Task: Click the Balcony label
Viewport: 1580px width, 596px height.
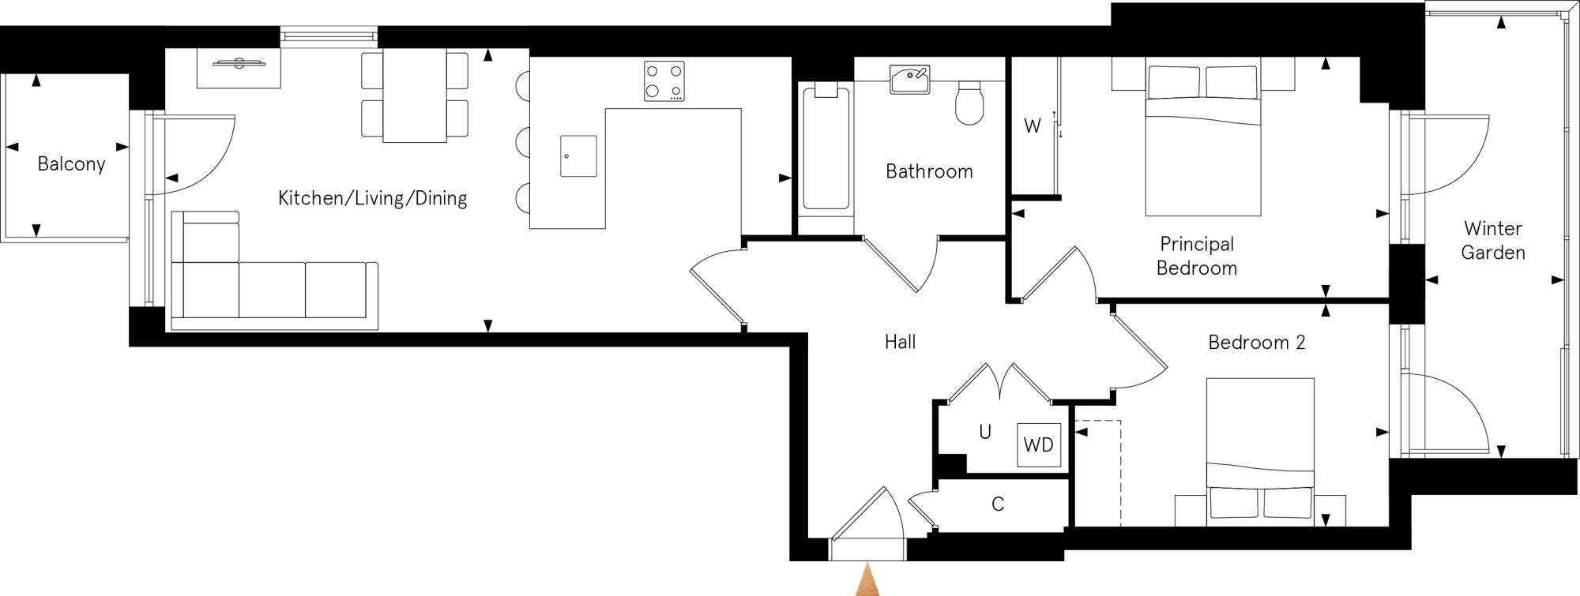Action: [x=71, y=164]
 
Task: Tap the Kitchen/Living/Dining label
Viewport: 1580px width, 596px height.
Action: [x=372, y=198]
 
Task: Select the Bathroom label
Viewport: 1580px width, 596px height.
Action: [x=929, y=171]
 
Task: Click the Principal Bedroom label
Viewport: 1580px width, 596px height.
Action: [x=1196, y=256]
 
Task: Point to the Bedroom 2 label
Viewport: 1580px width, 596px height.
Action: [x=1256, y=343]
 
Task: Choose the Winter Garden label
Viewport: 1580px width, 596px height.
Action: [x=1492, y=241]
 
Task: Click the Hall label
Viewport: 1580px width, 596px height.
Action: [x=900, y=342]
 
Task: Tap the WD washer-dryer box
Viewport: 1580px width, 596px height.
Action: [x=1038, y=445]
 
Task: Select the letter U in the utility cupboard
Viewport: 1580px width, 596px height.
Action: [x=984, y=433]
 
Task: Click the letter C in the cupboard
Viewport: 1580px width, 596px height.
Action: [x=998, y=504]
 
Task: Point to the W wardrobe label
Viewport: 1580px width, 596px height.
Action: [x=1032, y=126]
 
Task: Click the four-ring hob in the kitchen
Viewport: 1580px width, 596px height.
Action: [x=664, y=81]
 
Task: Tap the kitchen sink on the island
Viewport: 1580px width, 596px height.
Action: [x=578, y=156]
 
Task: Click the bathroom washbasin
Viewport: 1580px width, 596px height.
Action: [x=910, y=79]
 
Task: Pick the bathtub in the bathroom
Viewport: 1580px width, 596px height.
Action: [x=826, y=150]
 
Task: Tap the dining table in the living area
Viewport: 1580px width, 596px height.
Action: [x=415, y=96]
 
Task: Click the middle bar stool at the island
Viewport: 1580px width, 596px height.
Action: [x=522, y=142]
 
